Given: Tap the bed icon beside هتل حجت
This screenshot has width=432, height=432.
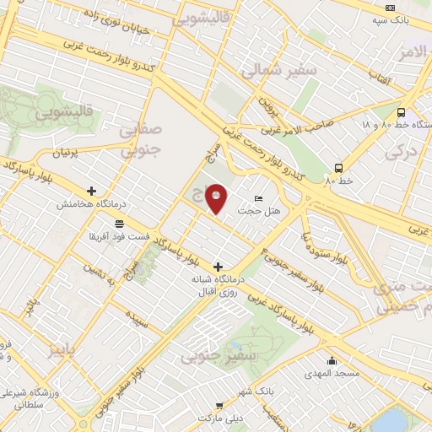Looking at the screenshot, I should click(258, 197).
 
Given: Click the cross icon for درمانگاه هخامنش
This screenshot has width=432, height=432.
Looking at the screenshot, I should click(92, 191).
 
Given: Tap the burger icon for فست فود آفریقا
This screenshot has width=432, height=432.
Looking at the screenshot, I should click(117, 224).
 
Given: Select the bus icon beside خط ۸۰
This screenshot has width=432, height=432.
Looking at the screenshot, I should click(338, 167).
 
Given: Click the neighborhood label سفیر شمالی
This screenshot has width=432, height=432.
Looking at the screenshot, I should click(279, 72).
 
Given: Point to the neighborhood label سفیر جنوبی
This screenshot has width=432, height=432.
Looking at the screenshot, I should click(208, 357).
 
